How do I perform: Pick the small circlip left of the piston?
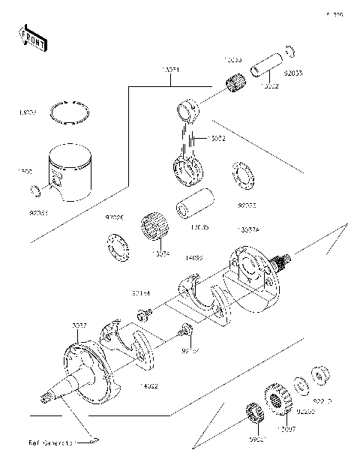click(33, 192)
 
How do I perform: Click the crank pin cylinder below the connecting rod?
click(193, 205)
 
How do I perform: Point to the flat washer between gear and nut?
click(299, 385)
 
